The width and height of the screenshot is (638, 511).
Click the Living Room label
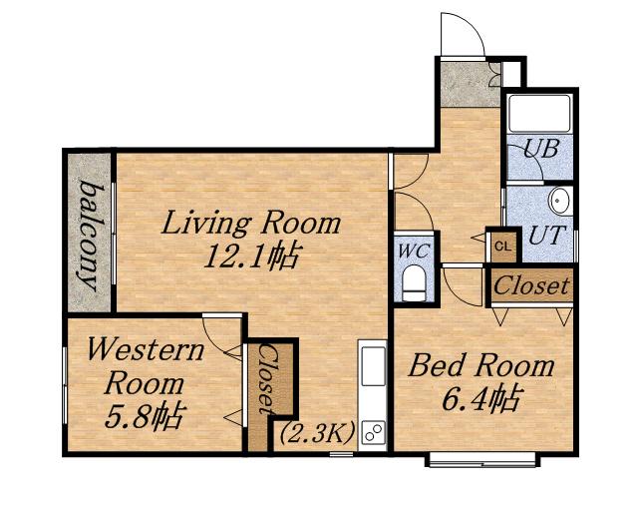pyautogui.click(x=251, y=223)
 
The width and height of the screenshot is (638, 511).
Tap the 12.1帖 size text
pyautogui.click(x=252, y=256)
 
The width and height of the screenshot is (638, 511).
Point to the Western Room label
pyautogui.click(x=146, y=366)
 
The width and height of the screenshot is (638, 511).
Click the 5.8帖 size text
pyautogui.click(x=143, y=415)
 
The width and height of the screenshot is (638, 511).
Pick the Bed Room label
pyautogui.click(x=481, y=365)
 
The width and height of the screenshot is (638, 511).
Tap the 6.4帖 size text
pyautogui.click(x=480, y=399)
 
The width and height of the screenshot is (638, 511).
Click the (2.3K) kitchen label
pyautogui.click(x=317, y=433)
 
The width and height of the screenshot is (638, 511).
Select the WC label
pyautogui.click(x=413, y=252)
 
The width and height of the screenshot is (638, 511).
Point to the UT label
pyautogui.click(x=547, y=236)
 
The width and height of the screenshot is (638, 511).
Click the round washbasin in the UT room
pyautogui.click(x=560, y=201)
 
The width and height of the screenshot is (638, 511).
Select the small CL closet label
pyautogui.click(x=502, y=247)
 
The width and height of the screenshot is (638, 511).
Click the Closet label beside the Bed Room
pyautogui.click(x=531, y=285)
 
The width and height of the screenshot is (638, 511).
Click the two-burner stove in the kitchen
pyautogui.click(x=374, y=432)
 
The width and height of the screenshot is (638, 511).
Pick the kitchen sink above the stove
pyautogui.click(x=374, y=366)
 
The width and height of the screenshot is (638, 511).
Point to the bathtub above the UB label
pyautogui.click(x=539, y=114)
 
